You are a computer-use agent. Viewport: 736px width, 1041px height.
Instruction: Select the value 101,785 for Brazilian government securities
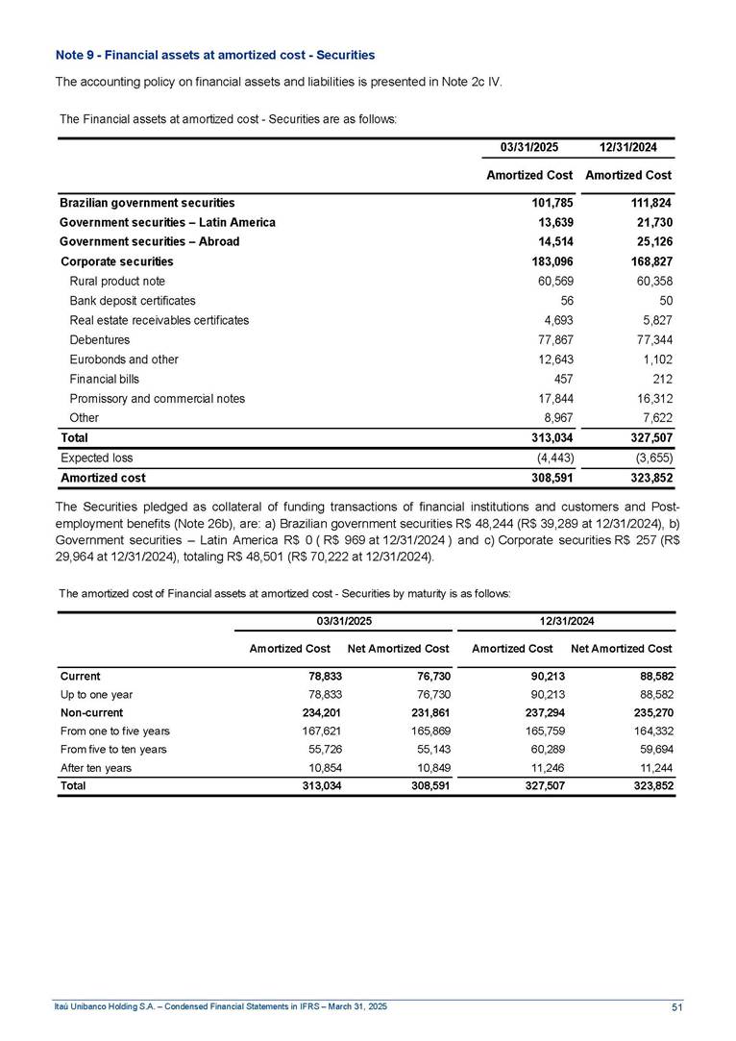[551, 203]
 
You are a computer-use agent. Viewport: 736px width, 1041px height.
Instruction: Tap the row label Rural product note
[118, 281]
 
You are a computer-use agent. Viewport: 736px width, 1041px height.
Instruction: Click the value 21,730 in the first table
[651, 222]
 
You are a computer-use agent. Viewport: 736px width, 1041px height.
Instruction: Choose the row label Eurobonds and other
[125, 359]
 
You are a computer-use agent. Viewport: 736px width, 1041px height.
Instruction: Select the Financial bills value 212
[660, 379]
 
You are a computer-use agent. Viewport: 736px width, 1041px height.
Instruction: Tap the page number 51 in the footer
[676, 1005]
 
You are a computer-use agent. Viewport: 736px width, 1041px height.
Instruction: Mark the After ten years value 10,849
[428, 767]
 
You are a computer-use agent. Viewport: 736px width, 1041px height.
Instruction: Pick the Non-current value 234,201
[321, 712]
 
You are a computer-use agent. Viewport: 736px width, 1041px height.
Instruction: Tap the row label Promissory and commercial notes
[158, 398]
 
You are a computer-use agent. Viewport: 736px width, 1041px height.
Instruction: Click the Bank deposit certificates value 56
[568, 301]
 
